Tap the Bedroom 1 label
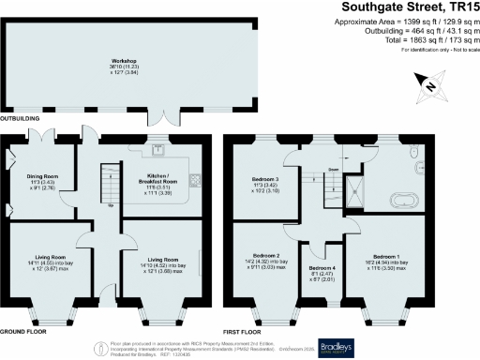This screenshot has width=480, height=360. [386, 255]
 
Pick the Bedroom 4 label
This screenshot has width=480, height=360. [322, 269]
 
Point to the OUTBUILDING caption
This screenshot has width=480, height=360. [21, 119]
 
